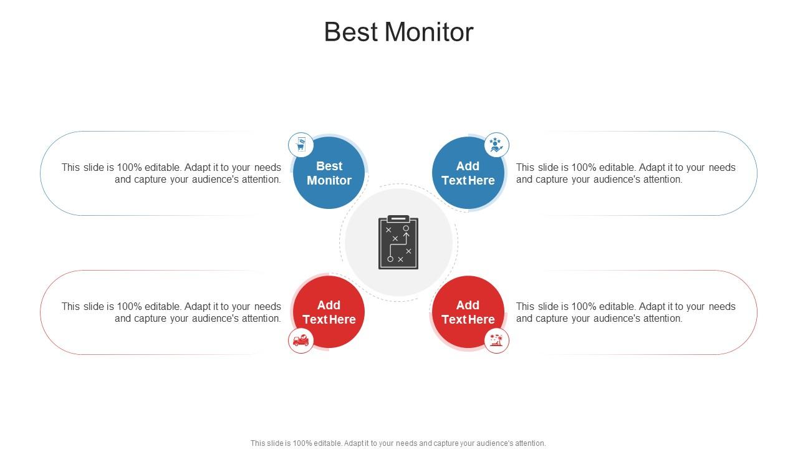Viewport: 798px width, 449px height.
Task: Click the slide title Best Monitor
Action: tap(398, 32)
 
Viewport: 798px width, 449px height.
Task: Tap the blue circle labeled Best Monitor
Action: tap(329, 173)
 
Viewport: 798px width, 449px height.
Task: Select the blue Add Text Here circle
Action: tap(468, 173)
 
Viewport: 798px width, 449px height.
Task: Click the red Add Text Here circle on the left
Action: tap(329, 312)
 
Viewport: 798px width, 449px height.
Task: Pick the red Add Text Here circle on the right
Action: tap(468, 312)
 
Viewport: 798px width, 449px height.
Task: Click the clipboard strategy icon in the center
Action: tap(398, 243)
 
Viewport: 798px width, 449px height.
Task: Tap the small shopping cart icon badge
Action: tap(301, 145)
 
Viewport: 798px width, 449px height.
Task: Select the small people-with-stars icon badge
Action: tap(496, 145)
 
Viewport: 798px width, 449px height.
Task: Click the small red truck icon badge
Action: tap(301, 340)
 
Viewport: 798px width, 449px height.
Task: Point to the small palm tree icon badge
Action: tap(496, 340)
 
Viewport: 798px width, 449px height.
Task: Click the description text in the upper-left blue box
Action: tap(171, 173)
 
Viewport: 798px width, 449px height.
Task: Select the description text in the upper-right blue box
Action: tap(626, 173)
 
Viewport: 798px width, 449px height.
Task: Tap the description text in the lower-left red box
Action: tap(171, 312)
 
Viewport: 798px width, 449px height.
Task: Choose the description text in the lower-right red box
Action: tap(626, 312)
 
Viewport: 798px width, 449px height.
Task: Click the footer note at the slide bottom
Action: tap(398, 443)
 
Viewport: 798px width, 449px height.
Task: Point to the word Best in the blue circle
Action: tap(329, 166)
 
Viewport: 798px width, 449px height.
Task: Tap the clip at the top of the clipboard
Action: tap(398, 219)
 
